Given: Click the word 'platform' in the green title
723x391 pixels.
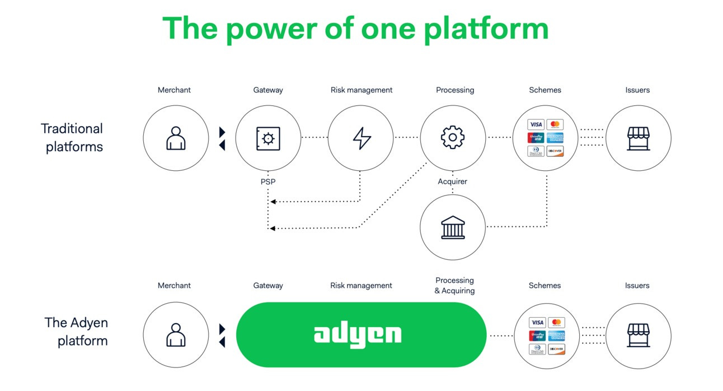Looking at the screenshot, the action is [x=486, y=28].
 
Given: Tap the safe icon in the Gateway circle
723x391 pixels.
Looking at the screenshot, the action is [x=268, y=138].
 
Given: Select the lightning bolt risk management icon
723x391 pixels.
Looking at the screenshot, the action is [x=361, y=138].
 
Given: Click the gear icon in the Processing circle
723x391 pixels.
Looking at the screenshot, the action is [x=453, y=138].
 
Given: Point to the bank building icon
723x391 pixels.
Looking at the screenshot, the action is [x=453, y=227].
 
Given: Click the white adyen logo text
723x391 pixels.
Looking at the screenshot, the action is [x=358, y=334].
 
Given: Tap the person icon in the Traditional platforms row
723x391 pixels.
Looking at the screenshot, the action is [x=176, y=138].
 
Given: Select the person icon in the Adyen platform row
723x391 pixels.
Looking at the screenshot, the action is [x=176, y=334].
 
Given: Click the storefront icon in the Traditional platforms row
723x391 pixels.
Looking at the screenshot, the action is [x=638, y=138].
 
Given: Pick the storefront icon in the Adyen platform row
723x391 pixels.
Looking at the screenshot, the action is [x=638, y=334].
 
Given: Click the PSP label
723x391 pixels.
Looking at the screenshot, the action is [x=267, y=182].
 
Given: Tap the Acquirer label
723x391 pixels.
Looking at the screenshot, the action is [x=452, y=181].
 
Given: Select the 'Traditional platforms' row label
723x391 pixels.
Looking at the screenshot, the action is [x=72, y=137].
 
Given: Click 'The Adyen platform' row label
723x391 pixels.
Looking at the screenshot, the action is [x=77, y=332].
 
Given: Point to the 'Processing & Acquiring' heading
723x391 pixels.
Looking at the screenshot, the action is [x=454, y=285].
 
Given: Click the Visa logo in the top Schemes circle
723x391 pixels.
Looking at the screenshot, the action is [x=536, y=124].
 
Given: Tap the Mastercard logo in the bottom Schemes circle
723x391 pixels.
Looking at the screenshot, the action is [x=556, y=323].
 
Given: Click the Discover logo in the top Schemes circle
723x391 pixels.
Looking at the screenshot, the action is [x=555, y=151].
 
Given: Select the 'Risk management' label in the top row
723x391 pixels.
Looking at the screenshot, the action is [x=361, y=90].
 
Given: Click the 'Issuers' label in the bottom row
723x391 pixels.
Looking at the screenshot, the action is [x=637, y=286].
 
